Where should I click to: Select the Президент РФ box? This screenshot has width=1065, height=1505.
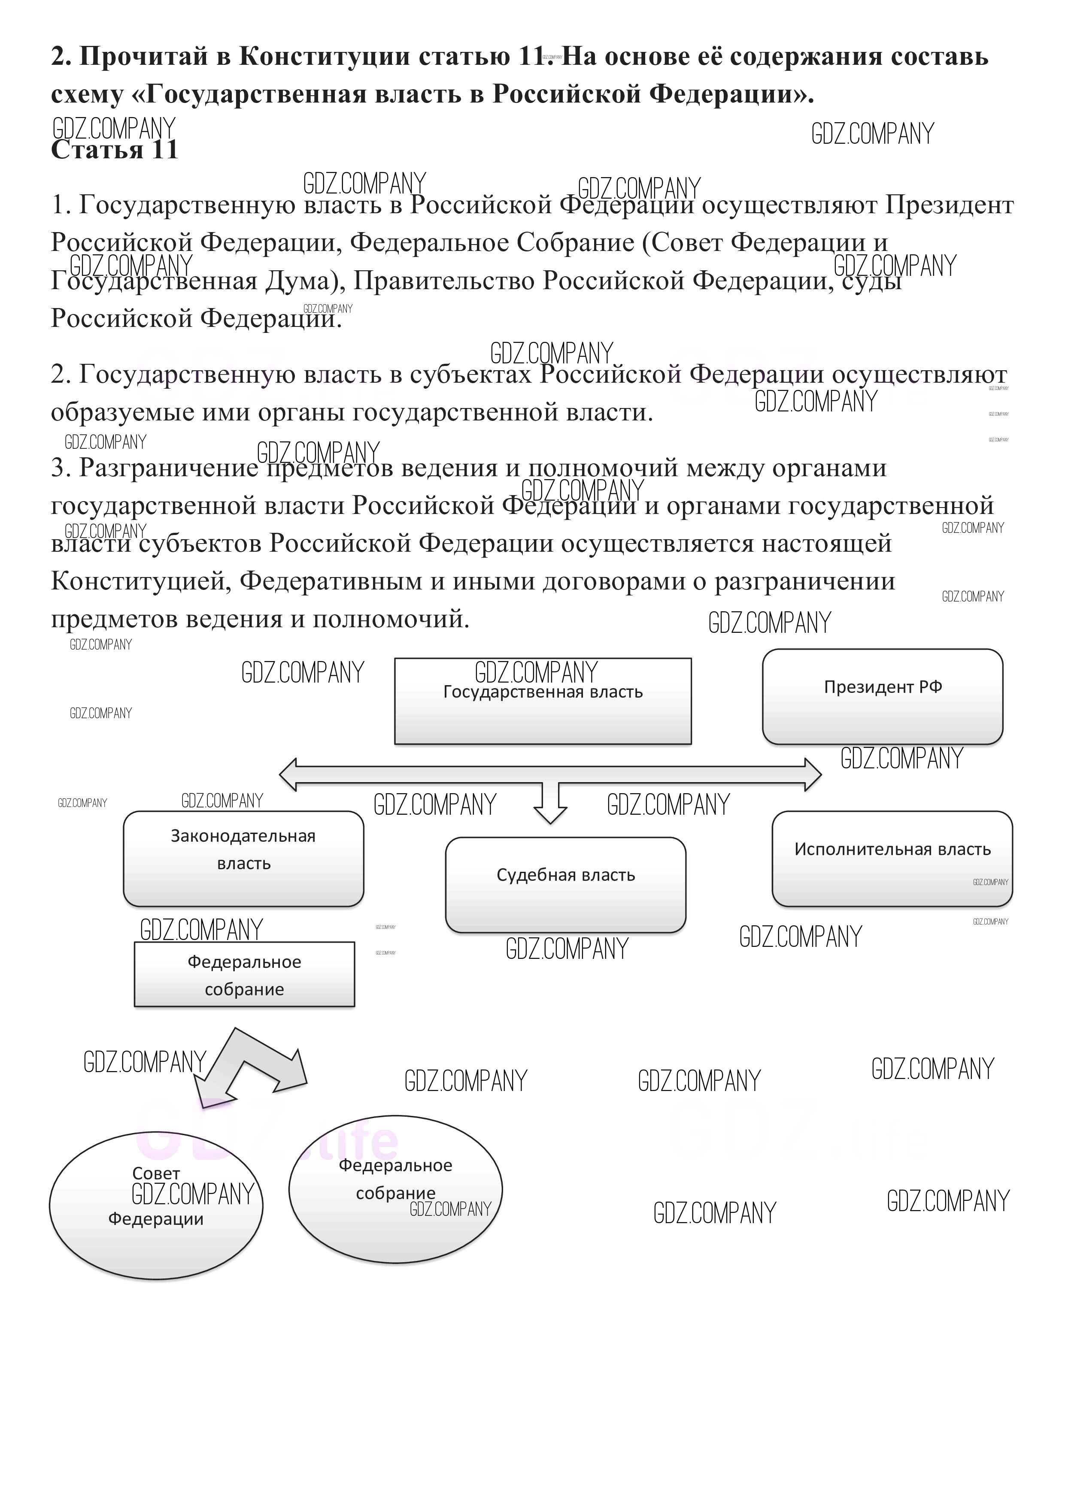[882, 696]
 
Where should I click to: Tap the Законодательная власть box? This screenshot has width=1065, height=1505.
[243, 859]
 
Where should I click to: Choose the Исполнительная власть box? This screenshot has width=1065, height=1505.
[892, 859]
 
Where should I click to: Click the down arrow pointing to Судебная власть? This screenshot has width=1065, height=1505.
[550, 804]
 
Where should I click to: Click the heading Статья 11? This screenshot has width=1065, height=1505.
[115, 150]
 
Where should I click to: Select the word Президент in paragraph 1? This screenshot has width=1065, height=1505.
[949, 205]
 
